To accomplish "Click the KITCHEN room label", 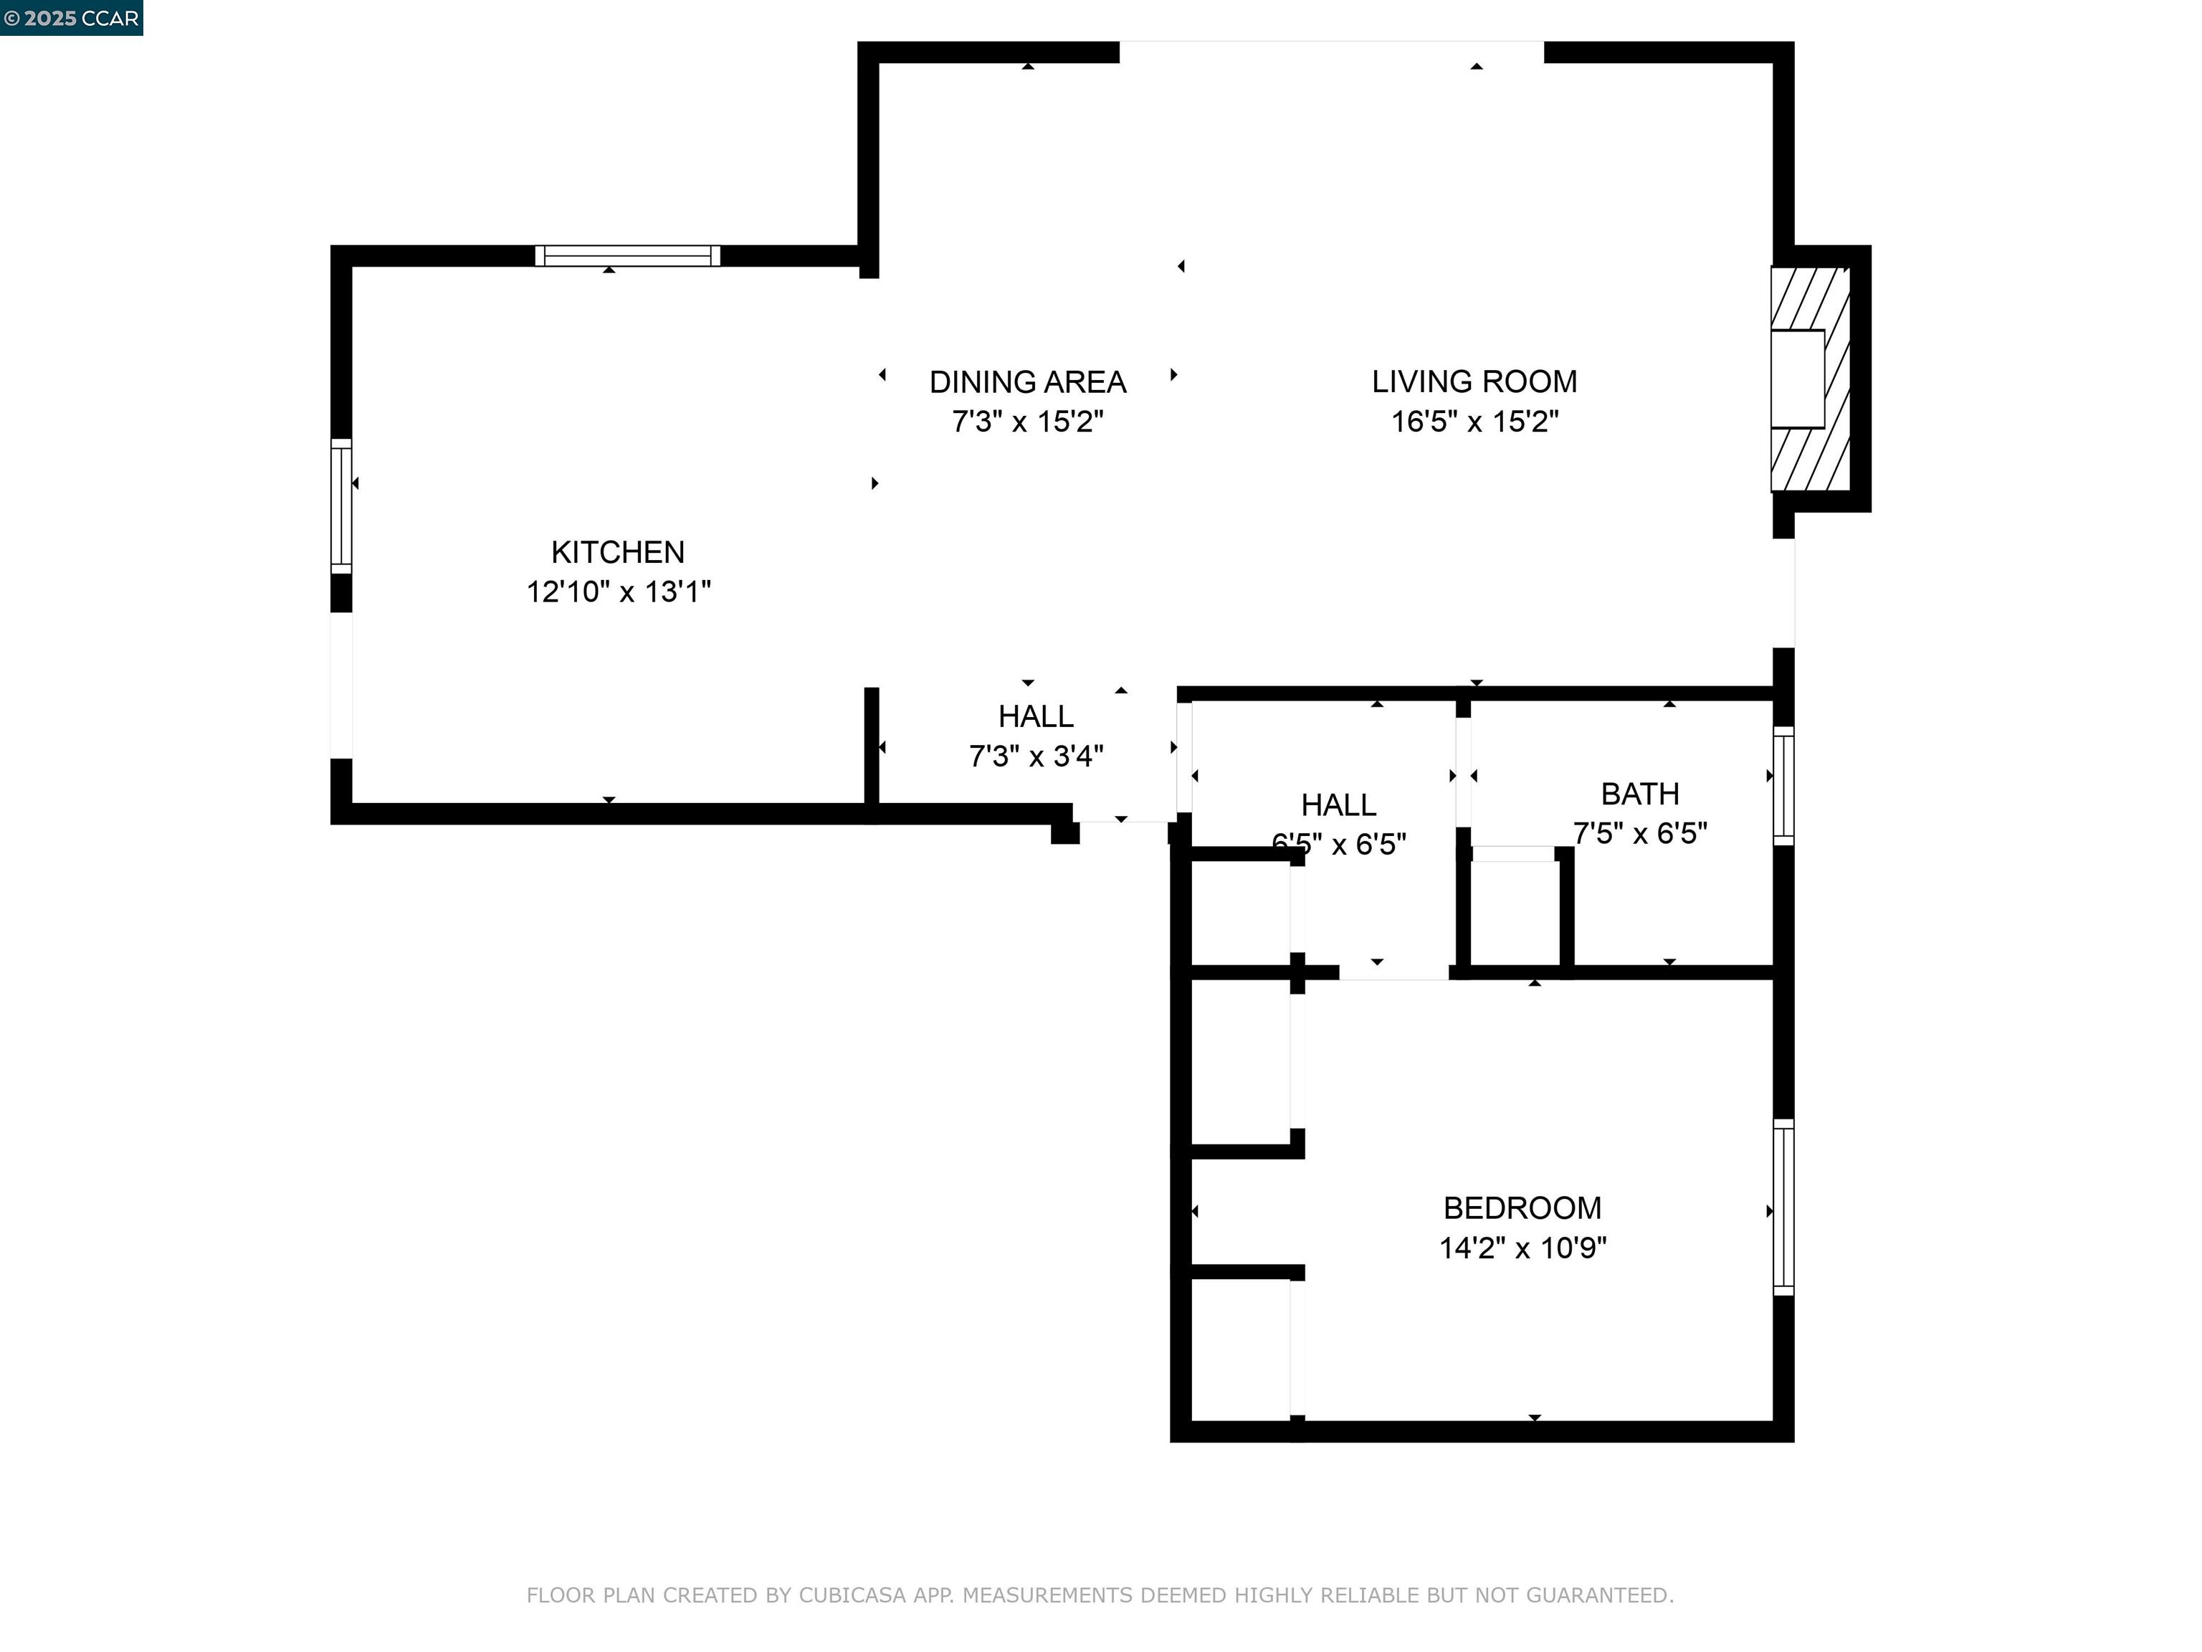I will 617,551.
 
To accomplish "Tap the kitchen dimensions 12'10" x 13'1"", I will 617,592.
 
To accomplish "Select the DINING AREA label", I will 1027,381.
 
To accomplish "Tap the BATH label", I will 1639,794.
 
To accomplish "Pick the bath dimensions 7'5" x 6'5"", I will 1639,832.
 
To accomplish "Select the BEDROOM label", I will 1522,1208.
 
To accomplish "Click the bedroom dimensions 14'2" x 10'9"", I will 1522,1248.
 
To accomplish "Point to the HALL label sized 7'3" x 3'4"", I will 1035,716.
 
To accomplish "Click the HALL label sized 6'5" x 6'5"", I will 1338,804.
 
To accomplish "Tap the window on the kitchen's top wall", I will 627,256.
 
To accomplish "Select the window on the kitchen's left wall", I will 341,506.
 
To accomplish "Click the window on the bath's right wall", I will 1783,786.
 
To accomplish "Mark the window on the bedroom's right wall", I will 1783,1207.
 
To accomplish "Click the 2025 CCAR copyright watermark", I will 72,18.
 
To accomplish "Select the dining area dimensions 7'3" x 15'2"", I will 1027,421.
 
